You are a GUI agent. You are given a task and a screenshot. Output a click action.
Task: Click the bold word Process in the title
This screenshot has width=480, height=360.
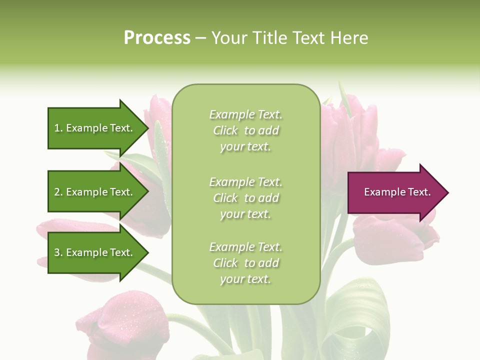[x=157, y=38]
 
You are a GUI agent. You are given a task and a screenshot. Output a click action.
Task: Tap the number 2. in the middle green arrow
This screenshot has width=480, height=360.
[x=58, y=192]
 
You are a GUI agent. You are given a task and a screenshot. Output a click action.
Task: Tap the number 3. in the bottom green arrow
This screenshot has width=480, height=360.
[x=58, y=252]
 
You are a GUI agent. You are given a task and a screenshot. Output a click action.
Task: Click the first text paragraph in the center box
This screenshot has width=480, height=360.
[x=245, y=130]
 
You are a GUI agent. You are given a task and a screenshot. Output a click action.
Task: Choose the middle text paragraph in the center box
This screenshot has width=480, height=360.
[x=245, y=198]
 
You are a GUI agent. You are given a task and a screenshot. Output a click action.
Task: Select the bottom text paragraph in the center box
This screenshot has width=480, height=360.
[x=245, y=263]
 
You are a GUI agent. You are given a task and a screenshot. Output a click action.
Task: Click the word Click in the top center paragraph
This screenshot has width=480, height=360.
[x=225, y=130]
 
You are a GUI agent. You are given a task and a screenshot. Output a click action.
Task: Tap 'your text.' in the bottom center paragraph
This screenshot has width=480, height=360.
[x=245, y=279]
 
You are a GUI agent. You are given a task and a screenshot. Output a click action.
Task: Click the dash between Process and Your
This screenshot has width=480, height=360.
[x=200, y=38]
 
